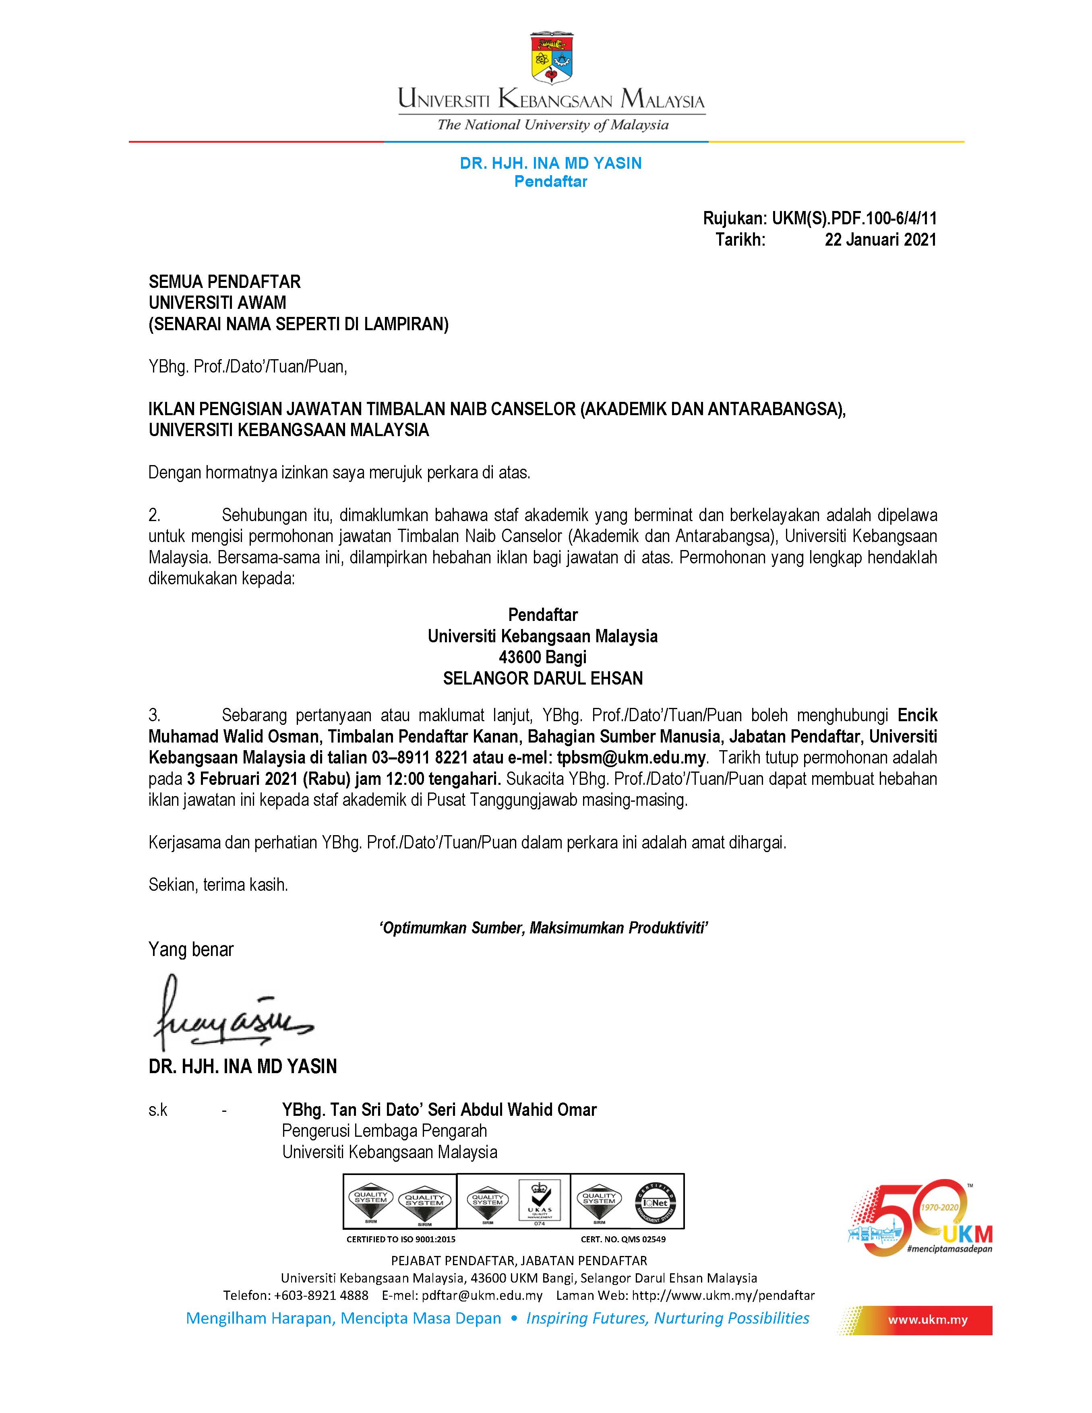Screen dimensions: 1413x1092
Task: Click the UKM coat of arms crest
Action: (551, 58)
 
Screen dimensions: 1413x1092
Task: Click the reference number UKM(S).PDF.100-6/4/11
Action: (854, 219)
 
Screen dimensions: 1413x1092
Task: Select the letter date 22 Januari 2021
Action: (880, 240)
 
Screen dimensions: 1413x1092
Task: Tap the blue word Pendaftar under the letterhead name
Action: (550, 182)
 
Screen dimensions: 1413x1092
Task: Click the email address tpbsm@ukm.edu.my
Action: (631, 757)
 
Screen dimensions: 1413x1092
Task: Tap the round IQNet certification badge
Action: (655, 1203)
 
